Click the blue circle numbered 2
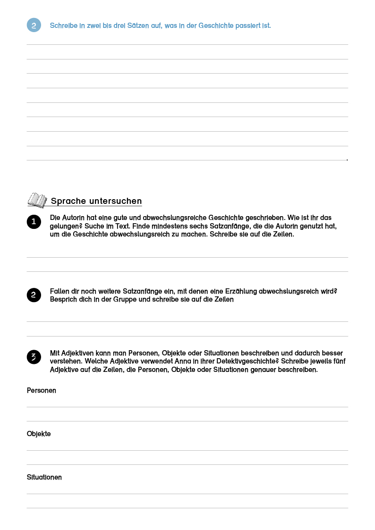click(x=34, y=25)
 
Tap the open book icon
click(x=37, y=200)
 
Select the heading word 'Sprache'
click(x=68, y=201)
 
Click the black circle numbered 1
click(x=34, y=222)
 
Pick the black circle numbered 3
click(x=34, y=357)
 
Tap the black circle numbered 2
click(x=34, y=295)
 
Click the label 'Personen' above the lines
click(x=42, y=390)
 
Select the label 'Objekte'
click(x=39, y=434)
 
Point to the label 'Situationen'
click(x=44, y=477)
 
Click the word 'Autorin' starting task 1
click(x=74, y=218)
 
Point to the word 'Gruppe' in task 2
click(x=126, y=300)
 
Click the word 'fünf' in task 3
click(x=339, y=361)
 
